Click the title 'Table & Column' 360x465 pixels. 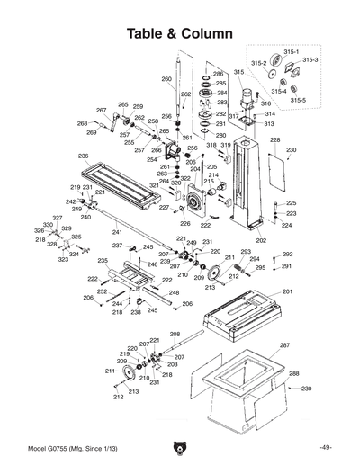pyautogui.click(x=179, y=33)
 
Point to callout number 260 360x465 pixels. pyautogui.click(x=166, y=80)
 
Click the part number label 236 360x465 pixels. pyautogui.click(x=83, y=156)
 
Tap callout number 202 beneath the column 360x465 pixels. pyautogui.click(x=261, y=240)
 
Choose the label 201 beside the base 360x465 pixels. pyautogui.click(x=287, y=292)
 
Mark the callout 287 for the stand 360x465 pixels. pyautogui.click(x=283, y=345)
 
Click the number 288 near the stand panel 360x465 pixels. pyautogui.click(x=293, y=373)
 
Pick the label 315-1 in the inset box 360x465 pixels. pyautogui.click(x=291, y=53)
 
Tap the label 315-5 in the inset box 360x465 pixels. pyautogui.click(x=297, y=100)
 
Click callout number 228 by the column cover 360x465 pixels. pyautogui.click(x=274, y=140)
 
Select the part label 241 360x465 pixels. pyautogui.click(x=116, y=232)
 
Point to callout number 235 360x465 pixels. pyautogui.click(x=103, y=261)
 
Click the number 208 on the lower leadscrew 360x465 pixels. pyautogui.click(x=173, y=335)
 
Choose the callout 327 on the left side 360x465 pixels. pyautogui.click(x=57, y=218)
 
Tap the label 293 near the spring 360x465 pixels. pyautogui.click(x=245, y=252)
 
